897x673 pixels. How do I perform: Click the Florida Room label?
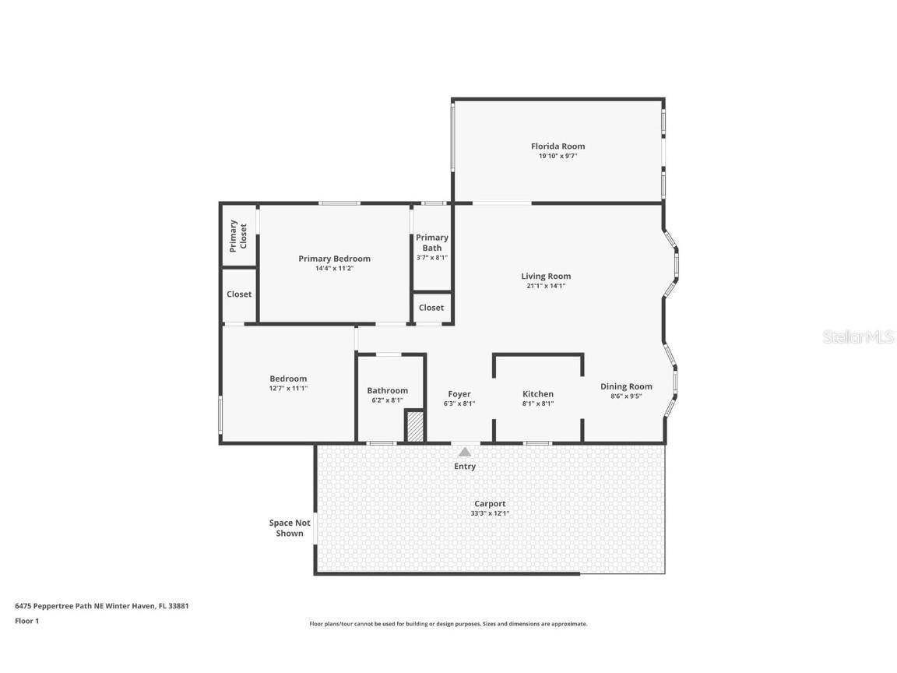[558, 146]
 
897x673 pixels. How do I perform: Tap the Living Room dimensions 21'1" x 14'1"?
[546, 286]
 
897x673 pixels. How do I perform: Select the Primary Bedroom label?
[334, 259]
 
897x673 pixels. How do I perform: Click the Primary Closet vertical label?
[238, 235]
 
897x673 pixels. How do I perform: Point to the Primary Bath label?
[431, 242]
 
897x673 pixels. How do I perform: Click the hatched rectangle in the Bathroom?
[415, 427]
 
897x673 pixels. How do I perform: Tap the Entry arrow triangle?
[465, 452]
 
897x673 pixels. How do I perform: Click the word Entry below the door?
[465, 467]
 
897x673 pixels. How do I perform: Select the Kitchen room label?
[538, 394]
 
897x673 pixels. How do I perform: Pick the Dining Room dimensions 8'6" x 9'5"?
[626, 396]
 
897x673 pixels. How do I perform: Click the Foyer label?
[459, 394]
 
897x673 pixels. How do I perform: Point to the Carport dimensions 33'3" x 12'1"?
[490, 513]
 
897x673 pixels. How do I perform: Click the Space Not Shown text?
[290, 528]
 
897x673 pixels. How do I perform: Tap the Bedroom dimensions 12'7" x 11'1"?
[288, 388]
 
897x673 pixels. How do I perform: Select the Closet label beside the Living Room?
[431, 308]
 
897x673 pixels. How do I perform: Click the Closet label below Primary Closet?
[239, 294]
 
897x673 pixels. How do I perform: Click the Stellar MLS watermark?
[857, 337]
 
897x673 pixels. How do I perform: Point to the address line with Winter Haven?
[102, 605]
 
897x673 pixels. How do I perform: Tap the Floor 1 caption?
[26, 621]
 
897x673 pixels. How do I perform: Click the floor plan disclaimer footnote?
[448, 624]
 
